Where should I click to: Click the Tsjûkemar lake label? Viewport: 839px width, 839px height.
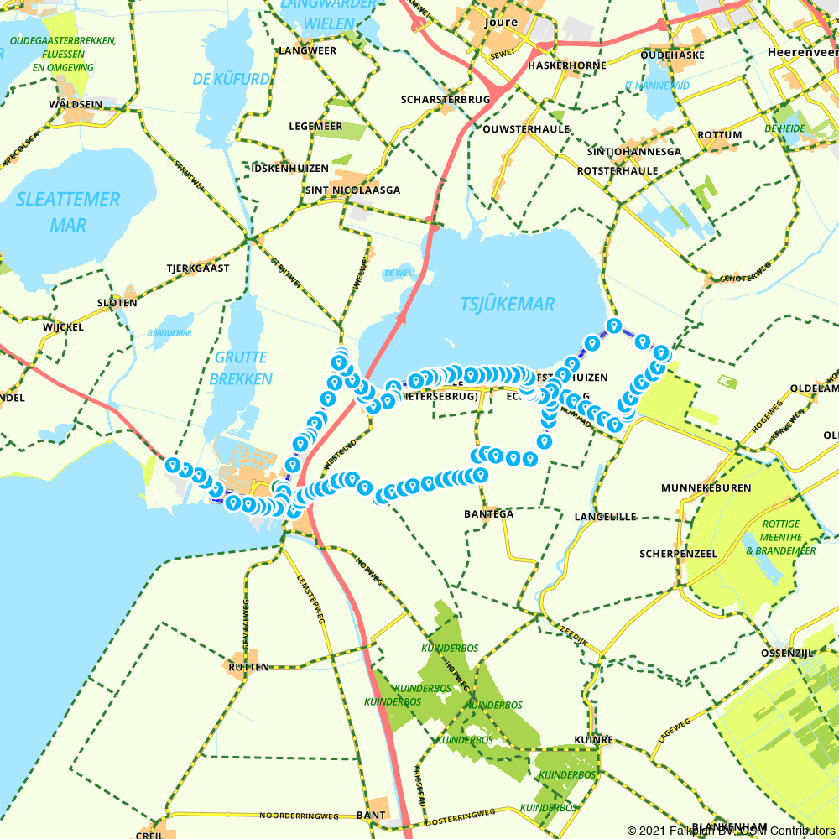[x=508, y=304]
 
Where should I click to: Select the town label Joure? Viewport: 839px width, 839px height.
[x=502, y=23]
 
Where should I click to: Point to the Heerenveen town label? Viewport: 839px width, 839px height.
[x=802, y=52]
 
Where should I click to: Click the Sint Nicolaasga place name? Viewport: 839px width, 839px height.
[x=352, y=190]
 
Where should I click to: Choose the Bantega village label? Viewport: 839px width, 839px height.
[x=488, y=513]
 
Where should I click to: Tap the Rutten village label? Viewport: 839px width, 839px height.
[x=248, y=667]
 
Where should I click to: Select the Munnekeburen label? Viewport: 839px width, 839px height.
[x=706, y=487]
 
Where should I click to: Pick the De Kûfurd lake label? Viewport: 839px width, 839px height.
[x=231, y=80]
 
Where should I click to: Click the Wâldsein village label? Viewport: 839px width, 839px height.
[x=76, y=104]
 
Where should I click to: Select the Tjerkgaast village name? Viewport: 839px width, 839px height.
[x=197, y=268]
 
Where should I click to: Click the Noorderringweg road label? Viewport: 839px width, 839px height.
[x=299, y=816]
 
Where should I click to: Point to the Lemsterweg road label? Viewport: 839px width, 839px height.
[x=310, y=599]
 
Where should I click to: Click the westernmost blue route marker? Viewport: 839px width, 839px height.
[x=173, y=464]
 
